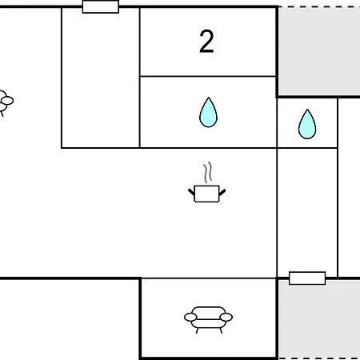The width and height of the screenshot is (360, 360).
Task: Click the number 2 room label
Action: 206,42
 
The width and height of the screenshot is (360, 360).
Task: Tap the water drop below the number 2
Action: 209,112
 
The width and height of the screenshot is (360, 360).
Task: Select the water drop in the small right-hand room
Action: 307,124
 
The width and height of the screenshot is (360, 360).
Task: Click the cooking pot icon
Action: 207,182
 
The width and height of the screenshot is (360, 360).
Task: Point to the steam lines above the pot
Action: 208,173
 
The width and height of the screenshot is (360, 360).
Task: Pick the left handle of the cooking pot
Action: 191,192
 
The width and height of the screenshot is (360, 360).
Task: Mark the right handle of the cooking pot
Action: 222,192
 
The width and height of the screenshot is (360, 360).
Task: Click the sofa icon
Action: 208,319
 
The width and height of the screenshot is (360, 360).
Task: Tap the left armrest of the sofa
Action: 190,317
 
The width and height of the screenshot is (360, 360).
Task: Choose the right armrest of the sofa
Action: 226,317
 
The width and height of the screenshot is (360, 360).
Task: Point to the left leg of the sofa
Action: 197,330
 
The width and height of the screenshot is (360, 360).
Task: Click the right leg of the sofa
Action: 221,330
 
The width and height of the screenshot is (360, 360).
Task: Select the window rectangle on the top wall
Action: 101,6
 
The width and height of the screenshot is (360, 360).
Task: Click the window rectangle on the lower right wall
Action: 307,278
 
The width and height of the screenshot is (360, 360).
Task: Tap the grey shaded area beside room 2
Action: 319,50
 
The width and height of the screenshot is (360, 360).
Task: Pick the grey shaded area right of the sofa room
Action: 319,319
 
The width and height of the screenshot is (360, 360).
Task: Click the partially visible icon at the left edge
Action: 6,102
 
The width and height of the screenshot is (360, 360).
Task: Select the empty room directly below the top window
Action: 101,78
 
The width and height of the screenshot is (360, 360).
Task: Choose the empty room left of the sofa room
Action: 70,319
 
